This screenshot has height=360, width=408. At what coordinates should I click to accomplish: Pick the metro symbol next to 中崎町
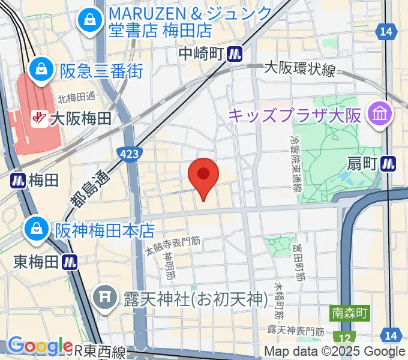(x=235, y=55)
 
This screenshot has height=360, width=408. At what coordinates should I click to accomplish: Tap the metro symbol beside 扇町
(x=391, y=162)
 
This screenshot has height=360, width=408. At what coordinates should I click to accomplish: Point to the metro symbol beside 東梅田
(x=72, y=261)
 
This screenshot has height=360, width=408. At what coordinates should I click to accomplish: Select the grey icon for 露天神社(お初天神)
(x=107, y=297)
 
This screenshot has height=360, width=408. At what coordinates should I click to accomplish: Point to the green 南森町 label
(x=351, y=313)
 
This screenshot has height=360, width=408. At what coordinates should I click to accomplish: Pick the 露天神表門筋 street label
(x=295, y=331)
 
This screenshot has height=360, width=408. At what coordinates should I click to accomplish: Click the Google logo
(x=40, y=346)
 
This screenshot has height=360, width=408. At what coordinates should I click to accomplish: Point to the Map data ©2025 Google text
(x=335, y=352)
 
